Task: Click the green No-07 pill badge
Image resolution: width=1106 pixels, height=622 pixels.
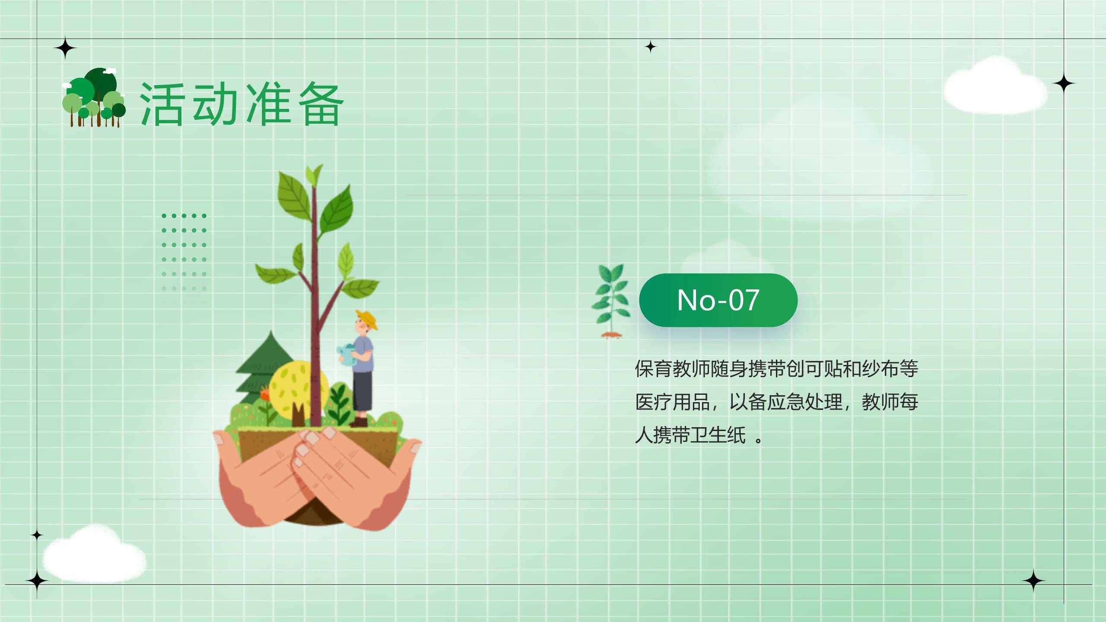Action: point(718,300)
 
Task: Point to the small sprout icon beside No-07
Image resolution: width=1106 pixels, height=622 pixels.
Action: point(611,301)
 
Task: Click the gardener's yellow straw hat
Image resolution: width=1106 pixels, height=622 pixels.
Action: point(367,318)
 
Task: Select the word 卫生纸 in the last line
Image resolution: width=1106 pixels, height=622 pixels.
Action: point(718,435)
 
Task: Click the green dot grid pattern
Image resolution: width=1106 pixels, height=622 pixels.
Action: point(184,251)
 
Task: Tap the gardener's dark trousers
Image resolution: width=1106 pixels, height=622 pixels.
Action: point(362,391)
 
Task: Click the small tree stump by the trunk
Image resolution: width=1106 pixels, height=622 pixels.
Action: point(298,415)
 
